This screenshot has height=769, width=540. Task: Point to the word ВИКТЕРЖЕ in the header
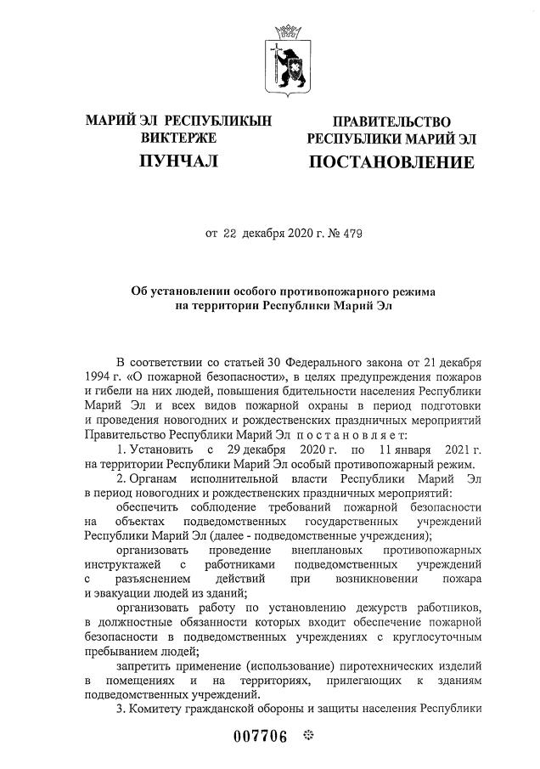tap(178, 138)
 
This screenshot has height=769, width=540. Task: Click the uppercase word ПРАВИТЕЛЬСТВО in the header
tap(391, 122)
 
